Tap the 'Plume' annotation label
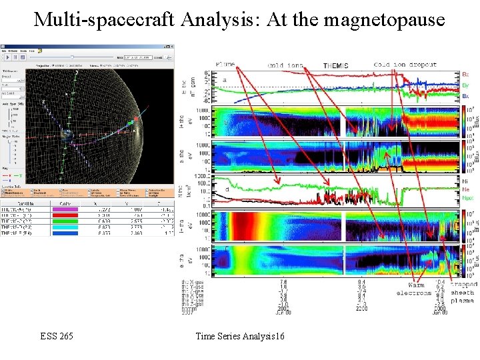tap(225, 65)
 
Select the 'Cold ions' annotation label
tap(285, 65)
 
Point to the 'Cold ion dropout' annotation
tap(405, 65)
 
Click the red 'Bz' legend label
tap(465, 75)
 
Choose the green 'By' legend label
tap(465, 85)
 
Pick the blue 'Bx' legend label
tap(465, 96)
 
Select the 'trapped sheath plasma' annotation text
tap(462, 293)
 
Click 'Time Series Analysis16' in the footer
tap(240, 336)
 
